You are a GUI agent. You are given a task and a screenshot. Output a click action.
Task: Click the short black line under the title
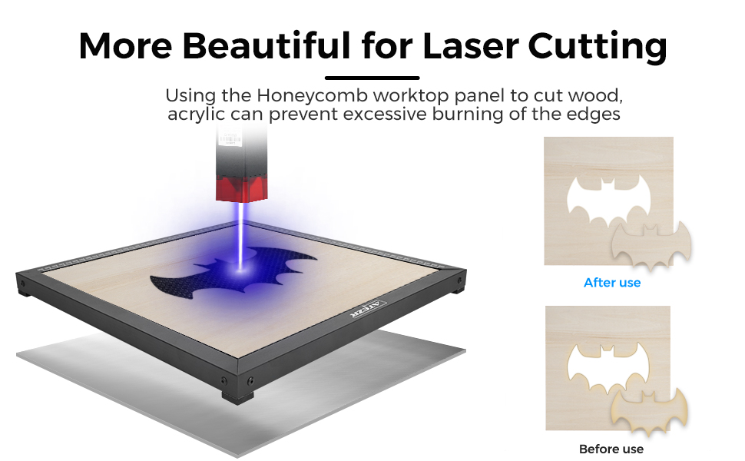click(372, 78)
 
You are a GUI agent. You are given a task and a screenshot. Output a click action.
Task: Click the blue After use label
click(612, 283)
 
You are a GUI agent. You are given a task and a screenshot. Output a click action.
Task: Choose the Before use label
click(611, 449)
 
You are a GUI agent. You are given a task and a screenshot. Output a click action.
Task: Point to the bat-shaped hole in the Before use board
click(608, 368)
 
